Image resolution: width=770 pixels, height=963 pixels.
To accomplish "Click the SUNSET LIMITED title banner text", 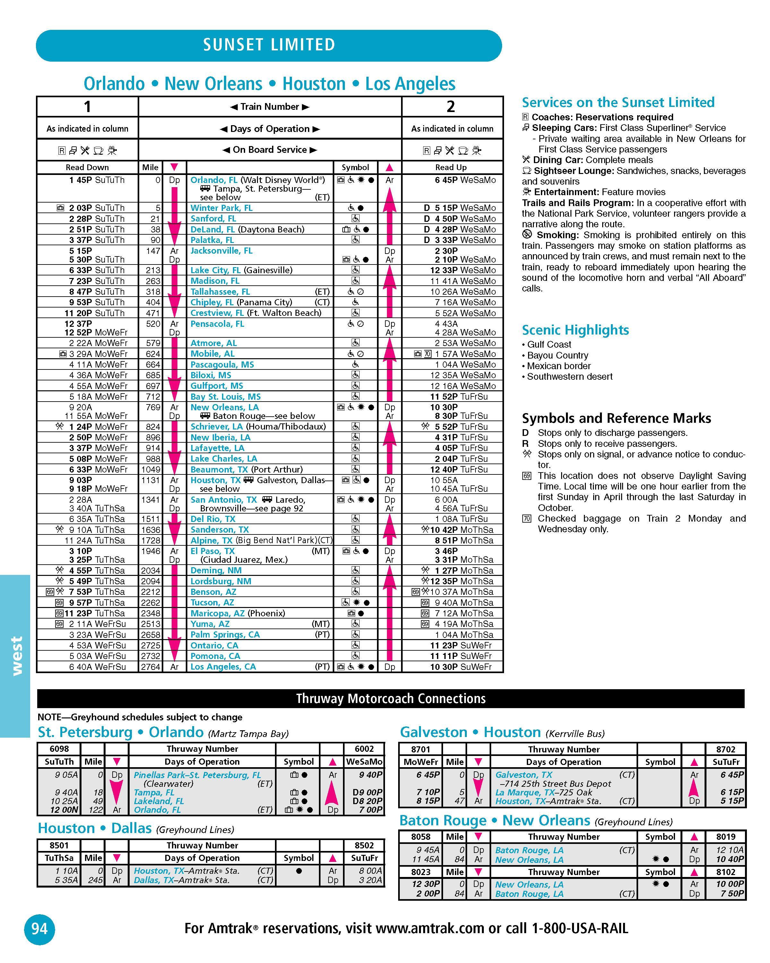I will (x=269, y=45).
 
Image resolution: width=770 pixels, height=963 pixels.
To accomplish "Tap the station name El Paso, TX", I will (x=212, y=551).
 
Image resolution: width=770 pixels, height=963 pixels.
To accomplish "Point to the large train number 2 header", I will (x=451, y=107).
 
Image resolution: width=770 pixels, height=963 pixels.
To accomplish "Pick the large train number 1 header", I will (x=88, y=107).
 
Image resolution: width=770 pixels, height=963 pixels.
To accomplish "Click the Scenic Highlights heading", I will (x=575, y=330).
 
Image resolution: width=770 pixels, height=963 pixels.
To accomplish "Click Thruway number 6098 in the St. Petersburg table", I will (x=59, y=749).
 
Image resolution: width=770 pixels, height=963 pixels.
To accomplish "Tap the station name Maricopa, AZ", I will (x=218, y=613).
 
